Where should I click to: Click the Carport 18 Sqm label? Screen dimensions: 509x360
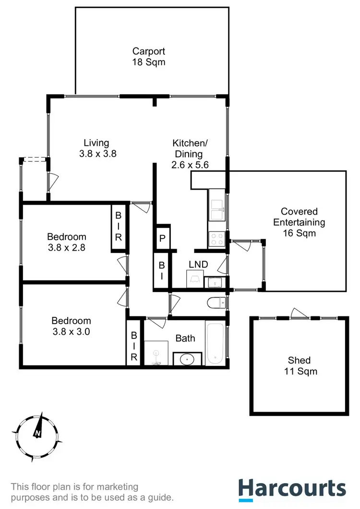coord(149,56)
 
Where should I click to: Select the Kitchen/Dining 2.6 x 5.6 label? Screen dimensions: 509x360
coord(190,154)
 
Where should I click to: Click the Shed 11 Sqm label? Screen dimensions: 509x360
coord(299,365)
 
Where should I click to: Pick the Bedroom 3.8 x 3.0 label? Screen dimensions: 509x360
coord(71,326)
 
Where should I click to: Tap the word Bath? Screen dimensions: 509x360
coord(185,339)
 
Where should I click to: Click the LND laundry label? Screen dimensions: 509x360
coord(198,264)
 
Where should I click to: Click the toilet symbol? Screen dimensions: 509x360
coord(217,303)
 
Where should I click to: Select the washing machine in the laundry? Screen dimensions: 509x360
coord(194,279)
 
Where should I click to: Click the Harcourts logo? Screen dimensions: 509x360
coord(292,488)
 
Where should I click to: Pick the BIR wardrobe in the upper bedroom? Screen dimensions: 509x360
coord(119,226)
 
